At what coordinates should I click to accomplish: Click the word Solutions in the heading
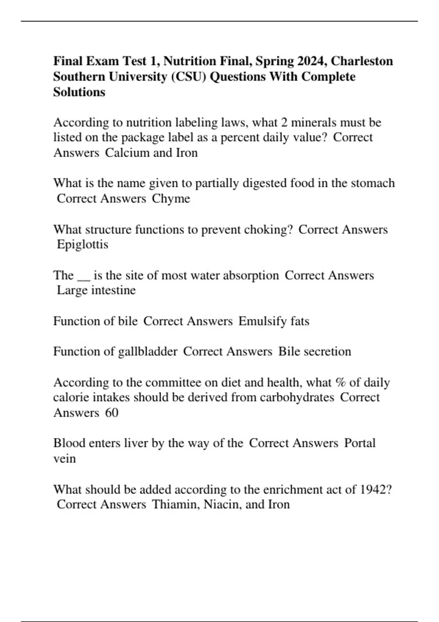pos(79,92)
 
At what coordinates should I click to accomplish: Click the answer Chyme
pos(171,199)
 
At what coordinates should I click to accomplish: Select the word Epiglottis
pos(83,244)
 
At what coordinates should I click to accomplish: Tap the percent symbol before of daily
pos(340,383)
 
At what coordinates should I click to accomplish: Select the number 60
pos(112,413)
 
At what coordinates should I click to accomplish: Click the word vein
pos(64,459)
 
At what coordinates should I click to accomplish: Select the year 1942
pos(375,490)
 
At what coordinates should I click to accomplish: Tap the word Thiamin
pos(176,505)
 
